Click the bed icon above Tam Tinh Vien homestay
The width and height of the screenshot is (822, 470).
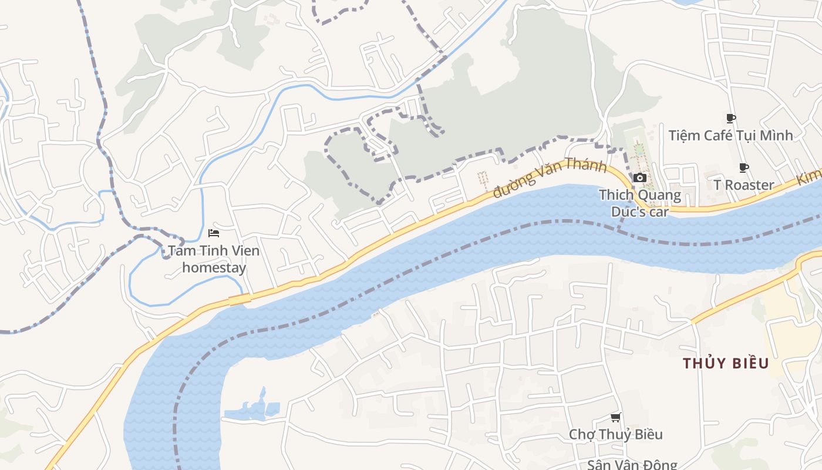(214, 233)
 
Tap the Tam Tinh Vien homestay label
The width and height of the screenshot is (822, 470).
(214, 259)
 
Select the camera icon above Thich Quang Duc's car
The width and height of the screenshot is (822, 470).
(640, 177)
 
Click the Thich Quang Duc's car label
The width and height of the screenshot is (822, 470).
(640, 203)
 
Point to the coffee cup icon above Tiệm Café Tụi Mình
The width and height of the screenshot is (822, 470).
(731, 119)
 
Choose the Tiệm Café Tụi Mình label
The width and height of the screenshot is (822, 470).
(730, 136)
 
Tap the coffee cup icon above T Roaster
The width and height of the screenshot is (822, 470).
(744, 168)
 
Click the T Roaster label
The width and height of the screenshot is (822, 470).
(744, 185)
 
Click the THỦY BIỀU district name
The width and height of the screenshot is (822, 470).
(726, 363)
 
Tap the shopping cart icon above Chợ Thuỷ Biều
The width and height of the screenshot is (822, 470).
(615, 418)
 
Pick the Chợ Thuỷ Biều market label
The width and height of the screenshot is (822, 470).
(615, 434)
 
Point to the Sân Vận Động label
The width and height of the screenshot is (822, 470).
(632, 464)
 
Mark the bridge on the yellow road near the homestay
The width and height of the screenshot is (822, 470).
(240, 300)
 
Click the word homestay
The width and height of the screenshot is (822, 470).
(214, 268)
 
